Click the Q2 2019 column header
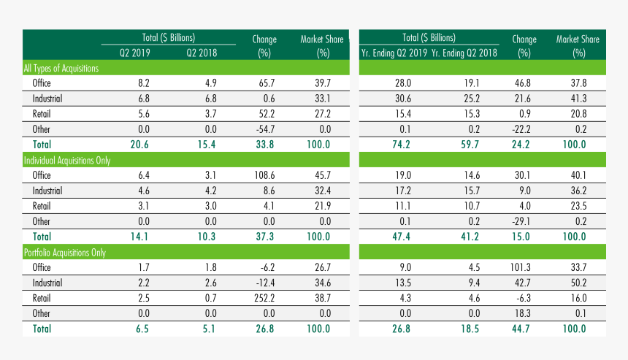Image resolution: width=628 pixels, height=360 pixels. [134, 53]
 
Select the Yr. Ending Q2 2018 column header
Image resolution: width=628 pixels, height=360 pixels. [464, 53]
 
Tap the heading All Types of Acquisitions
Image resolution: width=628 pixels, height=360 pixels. [61, 68]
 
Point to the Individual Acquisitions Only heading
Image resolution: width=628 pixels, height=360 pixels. [66, 160]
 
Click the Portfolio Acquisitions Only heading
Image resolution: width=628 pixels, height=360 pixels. [65, 253]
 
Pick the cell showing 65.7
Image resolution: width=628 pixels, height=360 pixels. [264, 83]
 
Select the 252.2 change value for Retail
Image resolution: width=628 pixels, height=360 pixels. [264, 298]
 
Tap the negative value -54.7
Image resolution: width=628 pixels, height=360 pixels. [264, 129]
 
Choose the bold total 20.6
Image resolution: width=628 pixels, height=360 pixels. [140, 145]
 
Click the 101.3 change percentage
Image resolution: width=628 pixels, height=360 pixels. [524, 267]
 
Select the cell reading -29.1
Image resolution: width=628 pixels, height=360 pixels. [524, 221]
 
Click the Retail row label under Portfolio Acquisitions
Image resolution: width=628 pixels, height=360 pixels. [42, 298]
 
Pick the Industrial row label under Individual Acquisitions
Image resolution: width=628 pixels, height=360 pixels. [47, 191]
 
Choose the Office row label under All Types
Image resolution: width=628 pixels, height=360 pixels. [42, 83]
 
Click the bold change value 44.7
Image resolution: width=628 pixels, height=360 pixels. [524, 329]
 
